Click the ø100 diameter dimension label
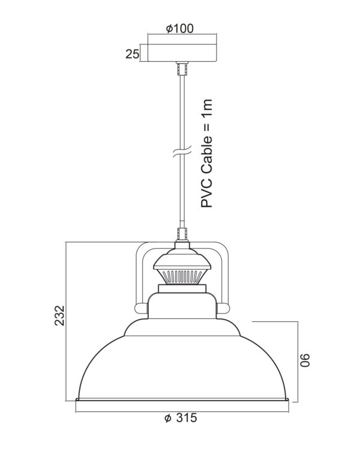point(180,28)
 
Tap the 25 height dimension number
point(133,54)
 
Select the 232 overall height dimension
point(60,315)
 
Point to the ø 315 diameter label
point(181,418)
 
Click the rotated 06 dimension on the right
point(305,360)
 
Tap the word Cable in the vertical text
point(206,156)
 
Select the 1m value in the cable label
point(206,108)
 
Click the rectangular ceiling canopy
point(182,53)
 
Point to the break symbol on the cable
point(182,151)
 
